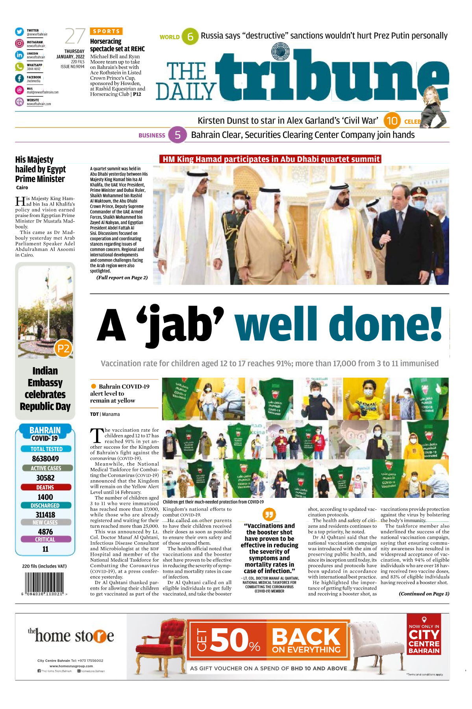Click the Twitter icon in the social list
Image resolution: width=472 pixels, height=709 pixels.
19,32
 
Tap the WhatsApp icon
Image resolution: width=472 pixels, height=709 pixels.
19,67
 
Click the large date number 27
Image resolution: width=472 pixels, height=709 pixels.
75,37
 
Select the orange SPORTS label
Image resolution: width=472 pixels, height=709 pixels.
106,31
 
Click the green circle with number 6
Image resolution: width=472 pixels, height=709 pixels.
190,37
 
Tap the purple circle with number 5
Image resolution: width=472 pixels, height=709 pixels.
178,135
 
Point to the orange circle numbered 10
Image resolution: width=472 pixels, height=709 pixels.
392,121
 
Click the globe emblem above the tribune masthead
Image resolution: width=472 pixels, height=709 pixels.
280,52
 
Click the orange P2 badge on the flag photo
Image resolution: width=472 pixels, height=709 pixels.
63,349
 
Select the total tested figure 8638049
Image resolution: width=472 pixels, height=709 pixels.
45,459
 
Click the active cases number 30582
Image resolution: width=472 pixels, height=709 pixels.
45,478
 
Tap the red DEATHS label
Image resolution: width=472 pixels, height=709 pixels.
45,487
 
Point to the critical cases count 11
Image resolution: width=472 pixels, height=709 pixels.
45,549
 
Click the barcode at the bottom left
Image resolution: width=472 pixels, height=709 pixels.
44,583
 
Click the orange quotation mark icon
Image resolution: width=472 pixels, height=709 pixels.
269,514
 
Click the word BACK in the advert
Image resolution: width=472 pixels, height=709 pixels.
306,637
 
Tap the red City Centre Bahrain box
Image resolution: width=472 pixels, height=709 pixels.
424,635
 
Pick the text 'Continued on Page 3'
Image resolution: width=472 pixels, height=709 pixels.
424,594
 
